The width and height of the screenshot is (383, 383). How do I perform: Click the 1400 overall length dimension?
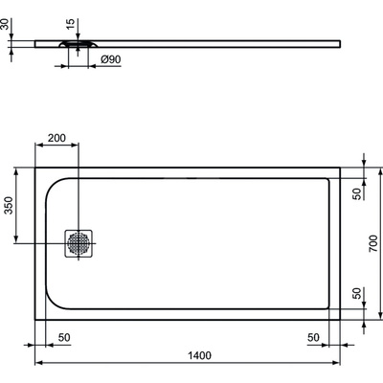click(199, 355)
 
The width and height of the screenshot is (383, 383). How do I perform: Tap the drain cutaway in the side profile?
click(78, 43)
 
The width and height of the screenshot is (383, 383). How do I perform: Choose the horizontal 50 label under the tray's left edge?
click(63, 338)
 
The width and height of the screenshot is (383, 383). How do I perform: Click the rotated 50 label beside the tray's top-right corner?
click(356, 194)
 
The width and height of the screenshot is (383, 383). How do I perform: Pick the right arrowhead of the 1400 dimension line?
click(340, 364)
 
